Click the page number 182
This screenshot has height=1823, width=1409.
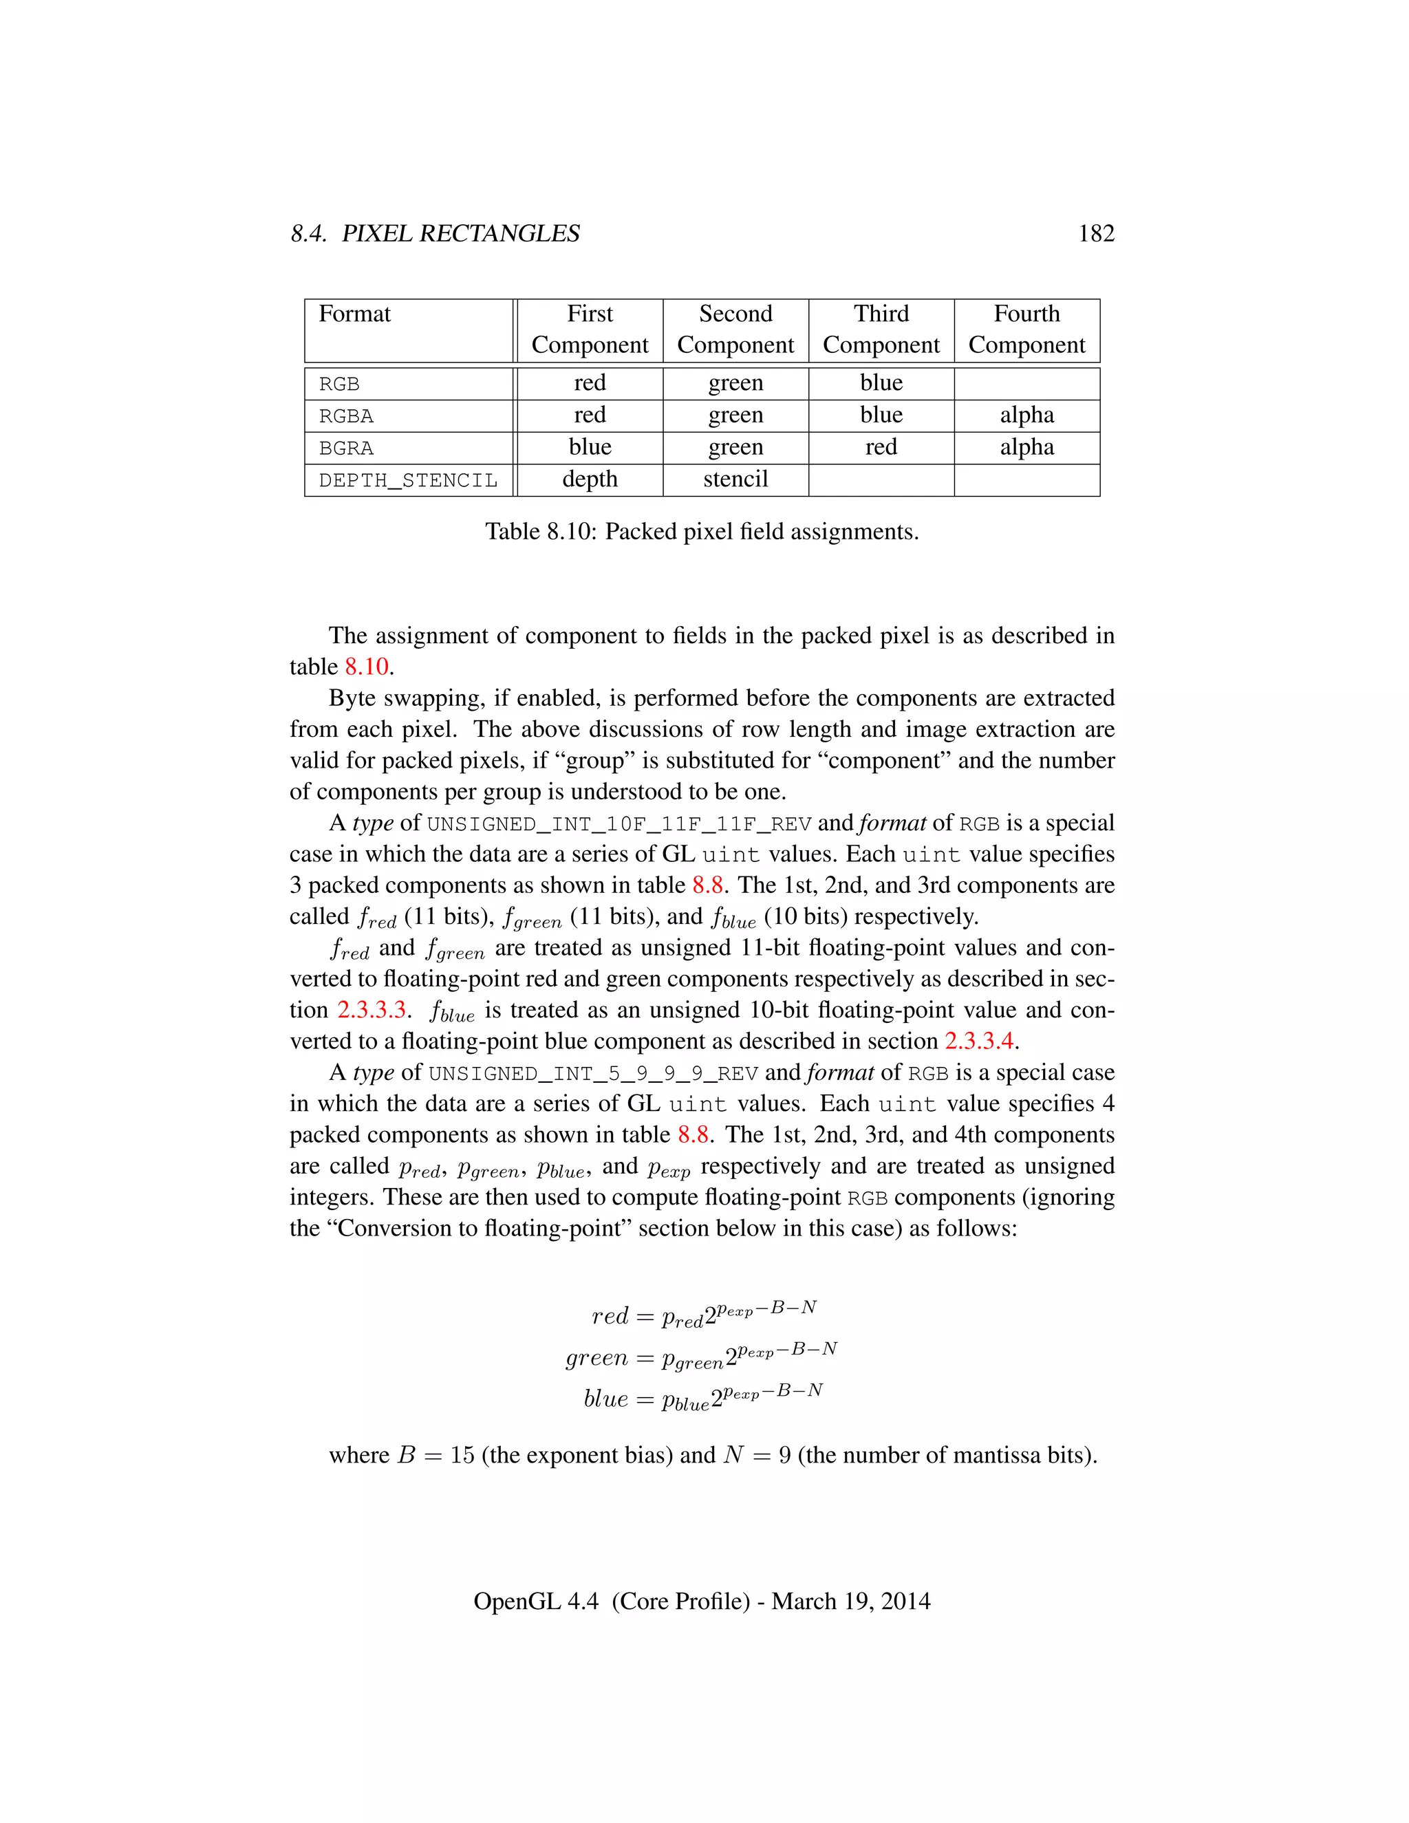point(1095,234)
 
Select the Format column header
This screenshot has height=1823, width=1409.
point(355,314)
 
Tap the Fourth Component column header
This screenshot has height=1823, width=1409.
point(1026,330)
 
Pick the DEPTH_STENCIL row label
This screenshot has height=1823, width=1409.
point(407,481)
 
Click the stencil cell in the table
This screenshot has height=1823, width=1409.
point(735,479)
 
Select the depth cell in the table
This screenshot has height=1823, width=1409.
point(590,479)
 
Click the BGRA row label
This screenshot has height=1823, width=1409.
point(347,449)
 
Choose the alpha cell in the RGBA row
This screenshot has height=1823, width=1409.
point(1026,415)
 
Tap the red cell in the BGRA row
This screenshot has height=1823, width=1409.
point(881,447)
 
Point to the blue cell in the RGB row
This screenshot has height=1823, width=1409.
point(881,383)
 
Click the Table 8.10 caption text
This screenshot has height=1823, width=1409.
point(701,532)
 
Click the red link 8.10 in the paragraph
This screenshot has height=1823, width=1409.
point(367,667)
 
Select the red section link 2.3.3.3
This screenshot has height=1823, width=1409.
point(372,1010)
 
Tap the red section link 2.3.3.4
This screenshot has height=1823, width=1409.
point(978,1042)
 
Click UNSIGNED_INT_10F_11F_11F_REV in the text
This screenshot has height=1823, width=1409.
point(619,825)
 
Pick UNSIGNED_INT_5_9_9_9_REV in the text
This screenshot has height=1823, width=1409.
point(592,1073)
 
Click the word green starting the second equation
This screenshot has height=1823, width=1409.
point(596,1359)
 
